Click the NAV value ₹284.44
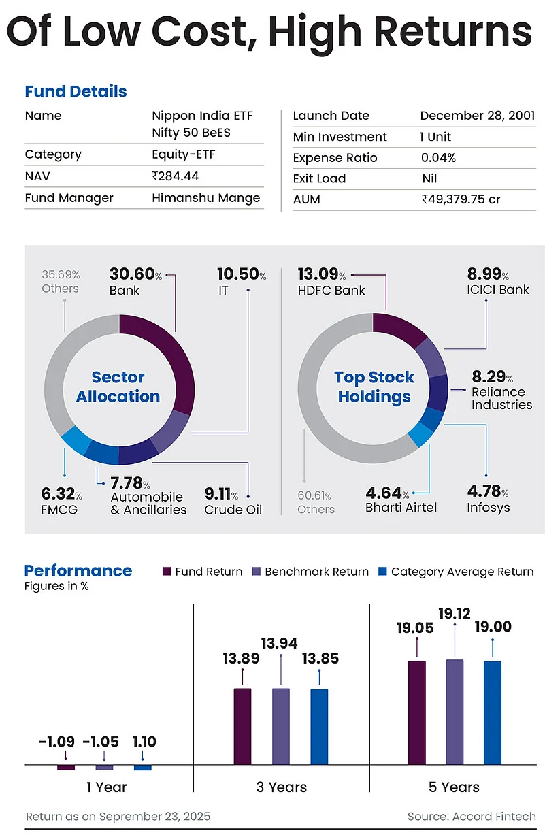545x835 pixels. click(175, 176)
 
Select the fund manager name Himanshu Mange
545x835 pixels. click(206, 198)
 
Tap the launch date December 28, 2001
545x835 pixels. click(478, 116)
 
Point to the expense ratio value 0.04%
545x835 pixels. click(439, 158)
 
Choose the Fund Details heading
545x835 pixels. click(76, 91)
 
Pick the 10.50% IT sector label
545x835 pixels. click(242, 281)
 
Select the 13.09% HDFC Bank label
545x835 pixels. click(331, 282)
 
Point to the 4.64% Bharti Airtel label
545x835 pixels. click(401, 500)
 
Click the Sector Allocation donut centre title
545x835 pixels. click(118, 387)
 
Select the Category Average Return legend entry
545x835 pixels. click(455, 572)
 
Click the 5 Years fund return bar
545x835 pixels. click(416, 712)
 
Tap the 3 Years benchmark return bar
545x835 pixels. click(281, 726)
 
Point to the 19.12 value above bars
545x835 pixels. click(455, 614)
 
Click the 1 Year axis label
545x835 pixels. click(106, 787)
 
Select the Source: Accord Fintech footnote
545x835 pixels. click(471, 816)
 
